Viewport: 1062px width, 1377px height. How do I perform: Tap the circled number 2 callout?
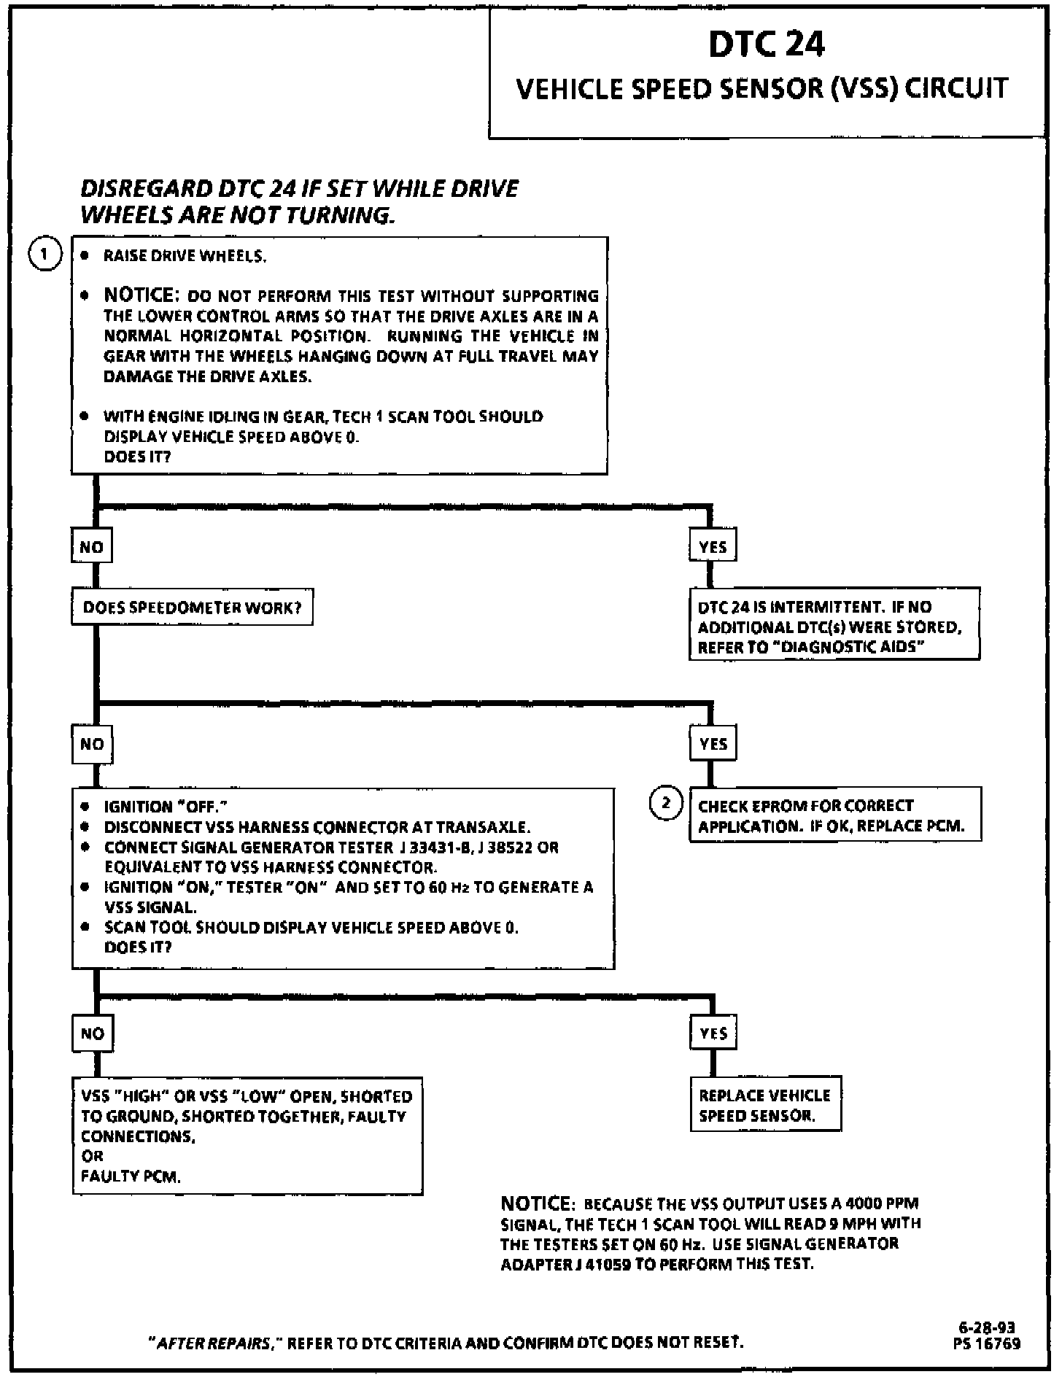pyautogui.click(x=665, y=803)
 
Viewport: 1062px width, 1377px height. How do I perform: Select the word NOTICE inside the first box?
pyautogui.click(x=141, y=295)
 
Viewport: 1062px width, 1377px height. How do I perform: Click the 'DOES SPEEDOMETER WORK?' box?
pyautogui.click(x=192, y=608)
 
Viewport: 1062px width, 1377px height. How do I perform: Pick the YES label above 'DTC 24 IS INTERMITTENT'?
pyautogui.click(x=713, y=546)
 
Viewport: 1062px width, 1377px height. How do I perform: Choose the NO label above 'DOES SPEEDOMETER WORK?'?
pyautogui.click(x=91, y=547)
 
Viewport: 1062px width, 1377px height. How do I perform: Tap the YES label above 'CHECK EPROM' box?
pyautogui.click(x=713, y=743)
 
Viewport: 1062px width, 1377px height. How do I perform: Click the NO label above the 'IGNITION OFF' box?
pyautogui.click(x=92, y=744)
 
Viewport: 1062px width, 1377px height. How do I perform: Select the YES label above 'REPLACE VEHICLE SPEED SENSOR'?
pyautogui.click(x=713, y=1033)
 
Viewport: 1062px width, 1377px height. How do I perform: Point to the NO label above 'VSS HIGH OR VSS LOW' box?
pyautogui.click(x=93, y=1033)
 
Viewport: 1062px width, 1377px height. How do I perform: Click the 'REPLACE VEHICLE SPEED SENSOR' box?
pyautogui.click(x=765, y=1105)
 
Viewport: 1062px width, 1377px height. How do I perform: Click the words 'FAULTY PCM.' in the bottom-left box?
pyautogui.click(x=131, y=1176)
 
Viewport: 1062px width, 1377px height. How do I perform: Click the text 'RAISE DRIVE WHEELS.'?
pyautogui.click(x=185, y=256)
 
